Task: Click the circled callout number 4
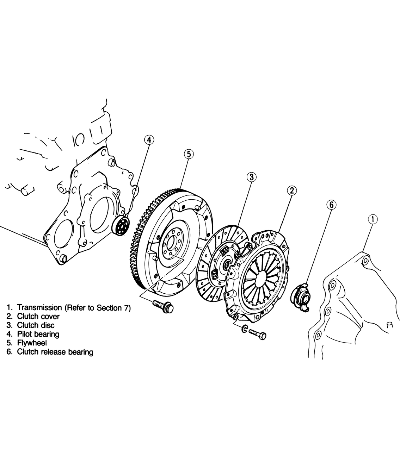(x=149, y=140)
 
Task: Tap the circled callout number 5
(x=189, y=154)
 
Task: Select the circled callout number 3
(x=251, y=177)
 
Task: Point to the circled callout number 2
(x=292, y=190)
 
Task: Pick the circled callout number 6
(x=331, y=205)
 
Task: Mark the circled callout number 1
(x=373, y=219)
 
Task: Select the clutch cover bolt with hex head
(x=258, y=334)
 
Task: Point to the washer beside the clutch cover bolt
(x=244, y=329)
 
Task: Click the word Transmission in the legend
(x=39, y=307)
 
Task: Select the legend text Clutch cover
(x=38, y=316)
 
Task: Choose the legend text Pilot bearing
(x=38, y=334)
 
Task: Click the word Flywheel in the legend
(x=32, y=343)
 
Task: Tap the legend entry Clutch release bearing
(x=55, y=352)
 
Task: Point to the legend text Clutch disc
(x=36, y=325)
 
